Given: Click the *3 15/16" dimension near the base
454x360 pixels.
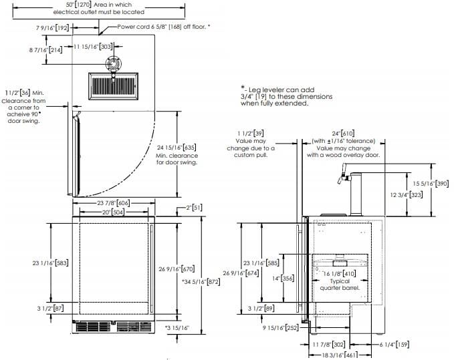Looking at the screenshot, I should coord(177,328).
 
